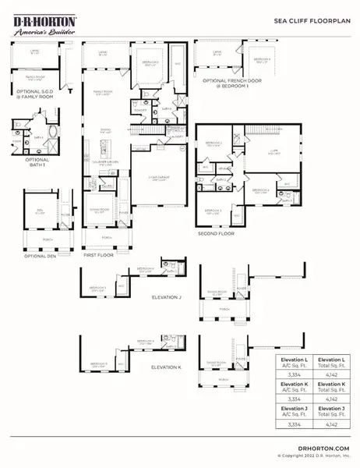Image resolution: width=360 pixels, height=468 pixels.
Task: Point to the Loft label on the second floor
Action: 274,154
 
